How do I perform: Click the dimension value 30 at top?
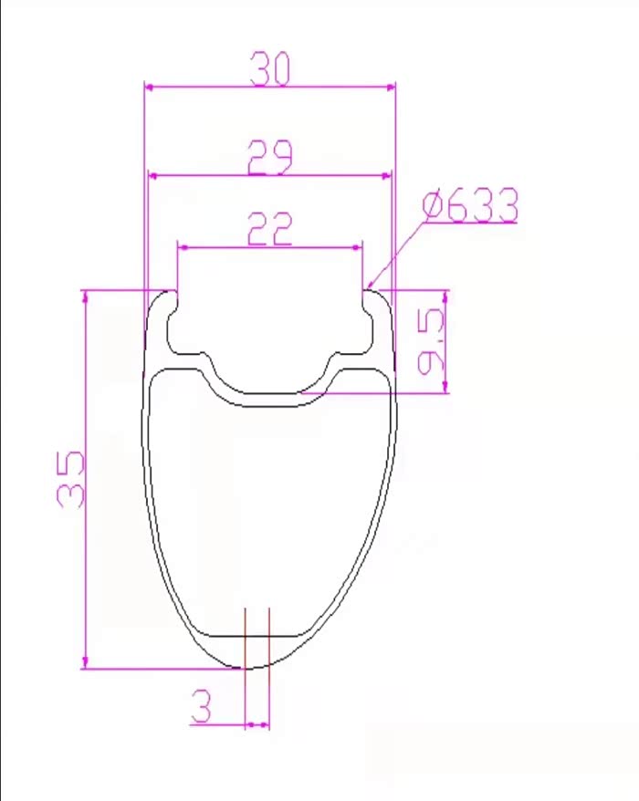[270, 68]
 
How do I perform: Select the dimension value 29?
[270, 157]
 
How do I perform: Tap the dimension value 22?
[270, 229]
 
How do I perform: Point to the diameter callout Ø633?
[470, 205]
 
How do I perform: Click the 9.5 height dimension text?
[431, 341]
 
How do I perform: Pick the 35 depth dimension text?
[70, 479]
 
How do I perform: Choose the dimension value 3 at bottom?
[201, 705]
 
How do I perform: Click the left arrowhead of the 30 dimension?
[150, 88]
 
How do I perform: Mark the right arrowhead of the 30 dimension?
[391, 88]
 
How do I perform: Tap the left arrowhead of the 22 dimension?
[183, 248]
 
